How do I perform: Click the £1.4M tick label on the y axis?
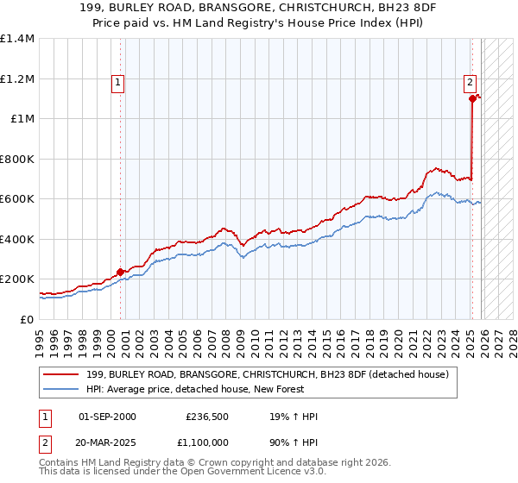[16, 39]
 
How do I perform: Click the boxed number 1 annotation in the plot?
[117, 84]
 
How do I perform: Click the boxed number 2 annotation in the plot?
[470, 84]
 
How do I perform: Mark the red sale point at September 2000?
[120, 273]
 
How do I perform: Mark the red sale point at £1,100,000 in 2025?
[472, 99]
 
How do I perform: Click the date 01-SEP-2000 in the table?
[107, 417]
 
